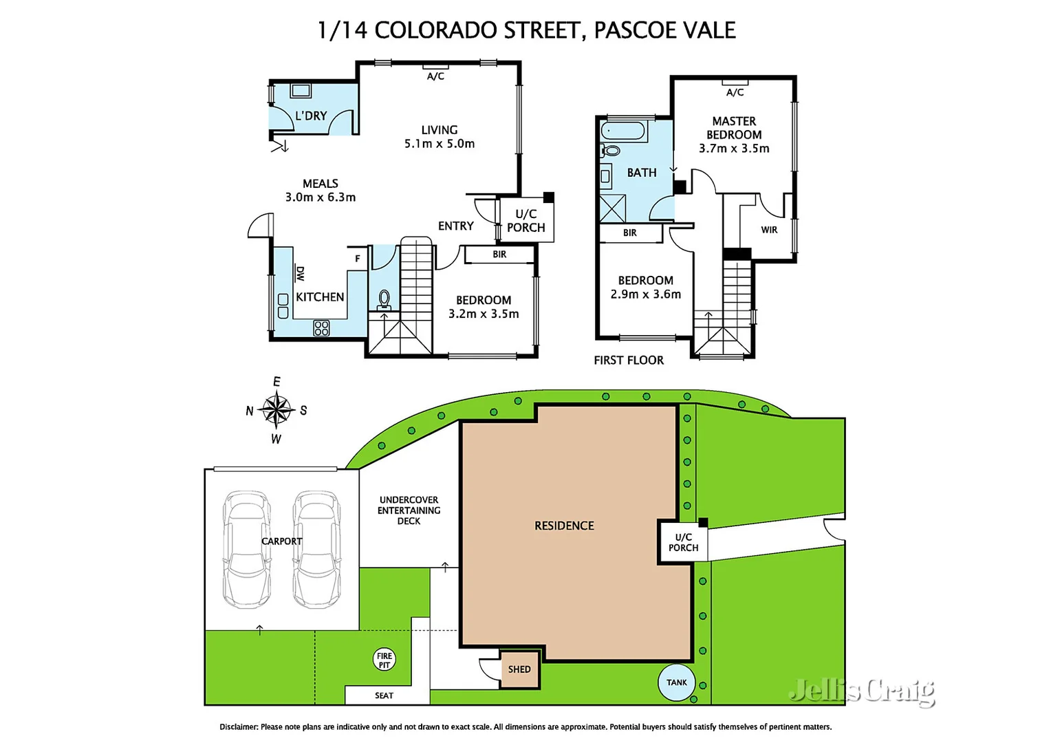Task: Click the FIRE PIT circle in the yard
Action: click(x=384, y=660)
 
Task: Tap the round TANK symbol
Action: click(x=676, y=682)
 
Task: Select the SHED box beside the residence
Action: click(x=519, y=669)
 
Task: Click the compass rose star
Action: click(x=277, y=410)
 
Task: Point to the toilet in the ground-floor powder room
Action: click(x=384, y=299)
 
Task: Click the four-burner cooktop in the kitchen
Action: click(x=321, y=328)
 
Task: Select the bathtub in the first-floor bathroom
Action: click(x=623, y=131)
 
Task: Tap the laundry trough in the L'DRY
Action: click(x=301, y=90)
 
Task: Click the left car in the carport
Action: click(x=246, y=549)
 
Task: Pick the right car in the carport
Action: click(x=317, y=549)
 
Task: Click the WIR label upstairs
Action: click(x=769, y=230)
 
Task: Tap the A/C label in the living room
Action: click(x=435, y=76)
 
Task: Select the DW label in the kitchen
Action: click(x=300, y=274)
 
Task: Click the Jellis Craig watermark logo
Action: click(x=862, y=690)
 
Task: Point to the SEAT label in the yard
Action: click(x=384, y=696)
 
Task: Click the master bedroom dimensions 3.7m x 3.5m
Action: click(x=734, y=149)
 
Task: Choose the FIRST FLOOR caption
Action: click(x=629, y=360)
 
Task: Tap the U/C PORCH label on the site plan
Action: click(x=683, y=543)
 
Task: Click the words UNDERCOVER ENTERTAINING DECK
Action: click(x=409, y=510)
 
